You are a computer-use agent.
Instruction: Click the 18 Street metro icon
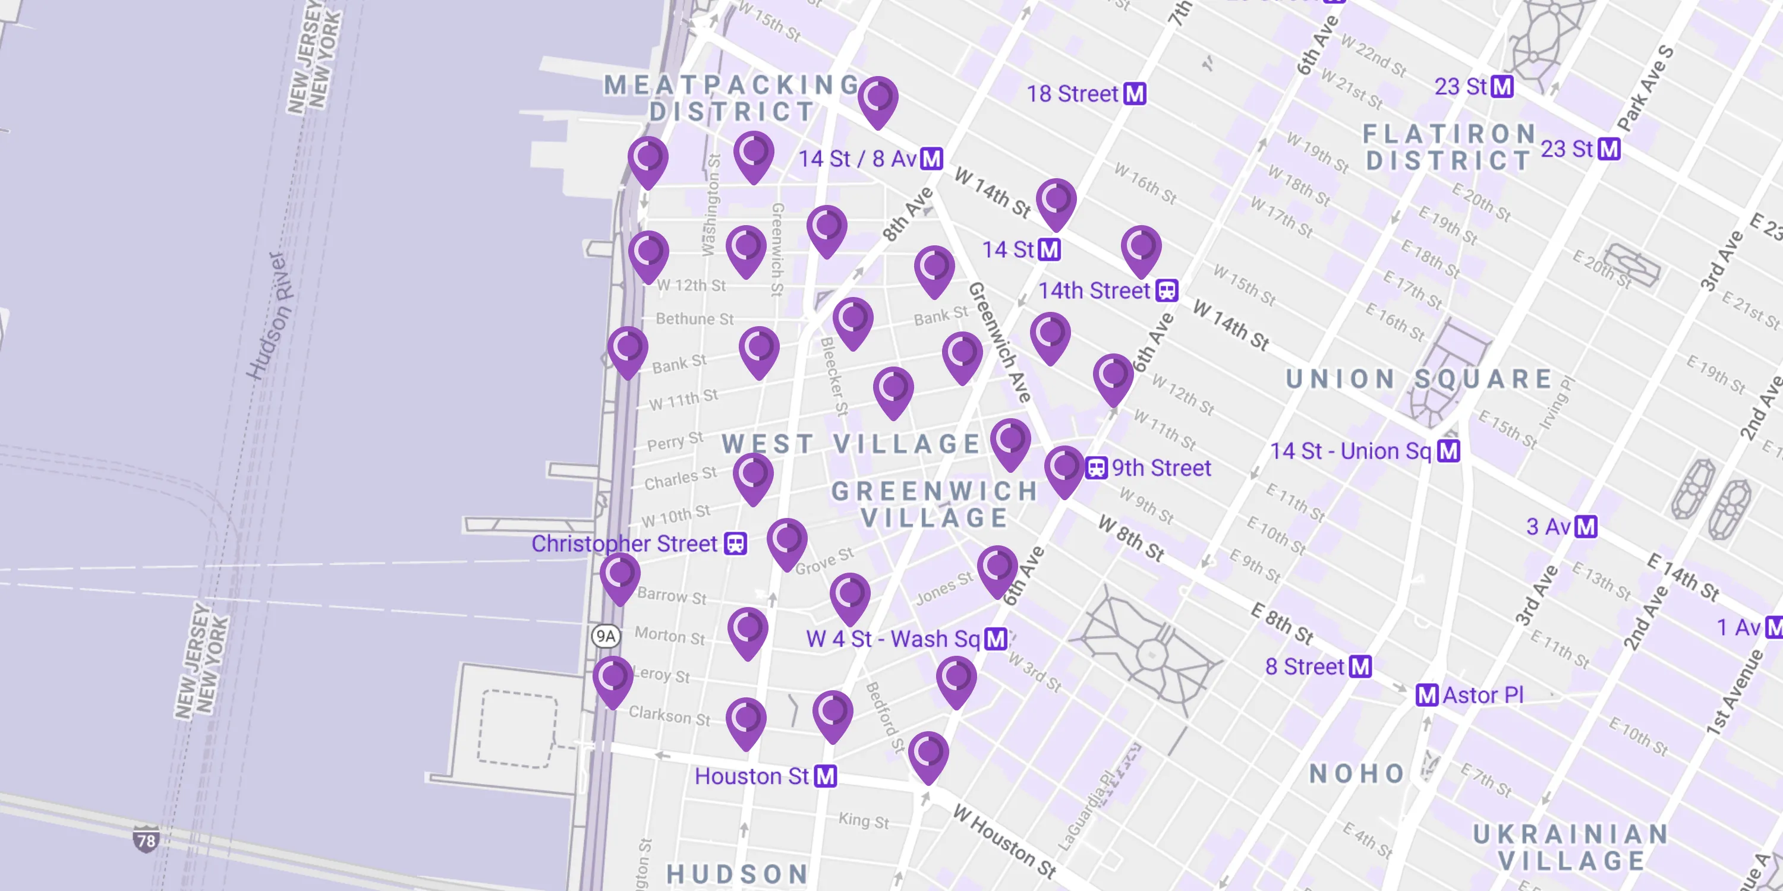click(x=1135, y=93)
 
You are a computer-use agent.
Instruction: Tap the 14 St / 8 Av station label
click(x=858, y=159)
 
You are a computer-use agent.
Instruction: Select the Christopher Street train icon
click(x=735, y=543)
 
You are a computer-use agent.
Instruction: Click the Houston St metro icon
click(x=825, y=776)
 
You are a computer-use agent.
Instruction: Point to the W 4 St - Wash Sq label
click(x=893, y=639)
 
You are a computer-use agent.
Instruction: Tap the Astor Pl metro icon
click(x=1426, y=694)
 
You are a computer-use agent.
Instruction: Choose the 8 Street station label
click(x=1304, y=666)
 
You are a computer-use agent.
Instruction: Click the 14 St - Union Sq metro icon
click(x=1449, y=451)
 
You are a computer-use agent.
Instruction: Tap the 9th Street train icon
click(x=1096, y=467)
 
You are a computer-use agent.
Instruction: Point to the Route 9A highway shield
click(x=606, y=636)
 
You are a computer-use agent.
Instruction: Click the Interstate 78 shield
click(x=146, y=840)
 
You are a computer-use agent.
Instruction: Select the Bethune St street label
click(x=694, y=319)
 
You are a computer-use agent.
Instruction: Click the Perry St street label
click(x=675, y=441)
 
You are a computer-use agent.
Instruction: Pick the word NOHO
click(x=1357, y=773)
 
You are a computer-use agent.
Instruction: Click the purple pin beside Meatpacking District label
click(x=878, y=100)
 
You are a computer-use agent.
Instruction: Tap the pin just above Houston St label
click(x=746, y=722)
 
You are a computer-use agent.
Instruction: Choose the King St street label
click(x=863, y=820)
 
